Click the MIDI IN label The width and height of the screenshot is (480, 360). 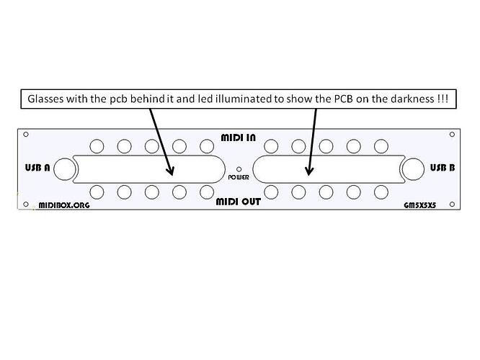(x=238, y=138)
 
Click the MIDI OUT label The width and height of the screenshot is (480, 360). (x=238, y=202)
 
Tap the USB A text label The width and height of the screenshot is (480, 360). (x=37, y=168)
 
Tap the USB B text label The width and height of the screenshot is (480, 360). (x=443, y=168)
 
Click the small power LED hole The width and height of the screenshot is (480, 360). (x=239, y=169)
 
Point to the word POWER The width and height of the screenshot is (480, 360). (x=239, y=177)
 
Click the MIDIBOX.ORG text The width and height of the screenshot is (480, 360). (x=64, y=205)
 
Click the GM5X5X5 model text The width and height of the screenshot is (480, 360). (x=419, y=205)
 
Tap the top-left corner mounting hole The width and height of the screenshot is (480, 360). (x=26, y=134)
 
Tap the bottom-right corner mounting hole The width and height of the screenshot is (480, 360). (x=452, y=204)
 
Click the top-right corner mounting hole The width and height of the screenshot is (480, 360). (x=452, y=134)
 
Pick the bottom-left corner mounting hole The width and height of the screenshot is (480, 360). (x=26, y=204)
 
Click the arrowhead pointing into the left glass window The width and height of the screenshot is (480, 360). (x=170, y=171)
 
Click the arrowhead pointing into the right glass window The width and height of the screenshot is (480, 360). (x=309, y=171)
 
